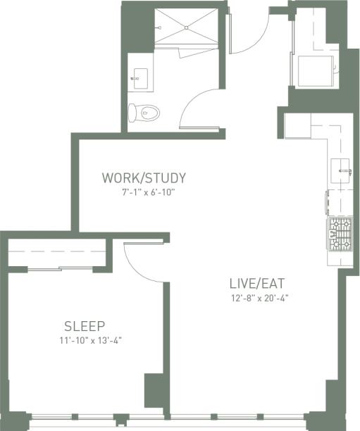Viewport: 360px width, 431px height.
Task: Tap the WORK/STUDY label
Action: (144, 177)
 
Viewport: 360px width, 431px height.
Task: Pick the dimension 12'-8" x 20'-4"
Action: (259, 298)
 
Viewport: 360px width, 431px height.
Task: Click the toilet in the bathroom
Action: (146, 111)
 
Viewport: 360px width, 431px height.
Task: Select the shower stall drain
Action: (187, 27)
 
